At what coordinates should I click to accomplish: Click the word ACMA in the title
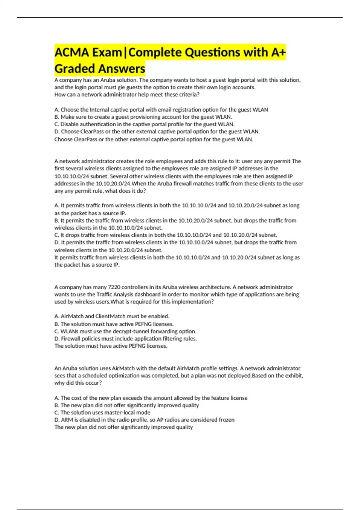click(71, 52)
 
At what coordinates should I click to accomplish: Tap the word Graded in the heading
click(75, 69)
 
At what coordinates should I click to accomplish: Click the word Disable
click(70, 124)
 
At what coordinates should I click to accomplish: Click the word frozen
click(226, 420)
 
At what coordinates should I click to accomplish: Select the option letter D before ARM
click(56, 420)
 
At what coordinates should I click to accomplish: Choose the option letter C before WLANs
click(56, 331)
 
